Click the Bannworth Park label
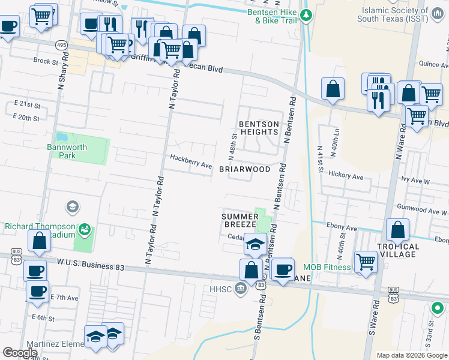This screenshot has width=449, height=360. [x=67, y=151]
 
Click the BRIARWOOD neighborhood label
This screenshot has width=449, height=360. [x=245, y=169]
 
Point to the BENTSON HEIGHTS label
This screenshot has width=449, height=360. [x=259, y=128]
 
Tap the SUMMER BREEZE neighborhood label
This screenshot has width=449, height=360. [x=240, y=220]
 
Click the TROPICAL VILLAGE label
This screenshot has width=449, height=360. [x=398, y=251]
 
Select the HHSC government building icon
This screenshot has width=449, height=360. [x=241, y=289]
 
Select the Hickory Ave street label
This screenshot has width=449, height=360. [x=348, y=177]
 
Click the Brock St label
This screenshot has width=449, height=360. [x=45, y=61]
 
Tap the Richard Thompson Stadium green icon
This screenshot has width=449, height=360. [x=85, y=229]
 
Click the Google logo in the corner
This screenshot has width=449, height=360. [x=20, y=353]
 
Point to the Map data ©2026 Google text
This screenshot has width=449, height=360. [x=411, y=355]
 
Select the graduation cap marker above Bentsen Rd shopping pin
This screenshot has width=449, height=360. [x=255, y=245]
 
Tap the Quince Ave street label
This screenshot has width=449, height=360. [x=433, y=64]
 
